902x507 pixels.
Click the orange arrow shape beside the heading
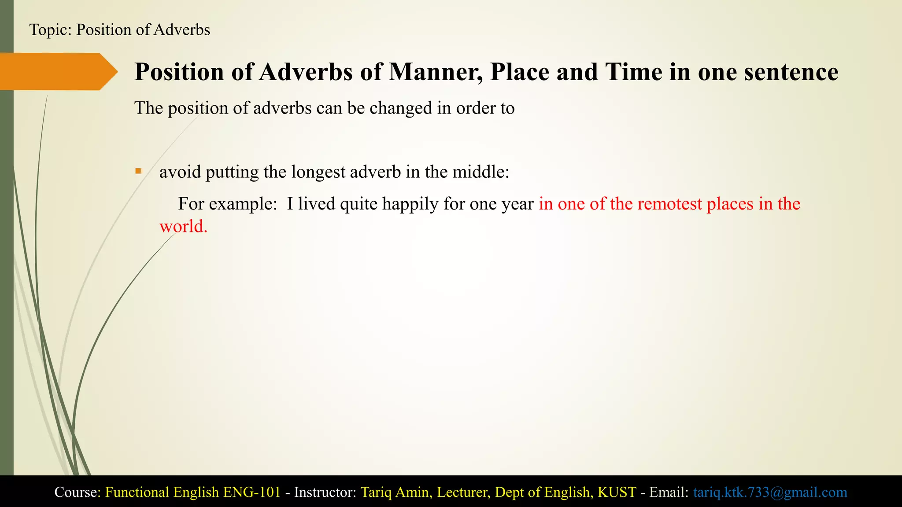(57, 71)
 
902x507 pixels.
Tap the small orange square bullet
(138, 171)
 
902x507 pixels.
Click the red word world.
(183, 226)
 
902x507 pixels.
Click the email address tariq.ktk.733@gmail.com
(770, 492)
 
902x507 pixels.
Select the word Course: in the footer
(78, 492)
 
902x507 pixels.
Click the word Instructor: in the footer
(325, 492)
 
